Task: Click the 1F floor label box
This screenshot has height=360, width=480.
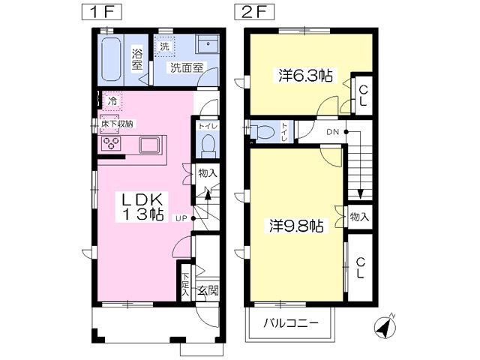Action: (102, 13)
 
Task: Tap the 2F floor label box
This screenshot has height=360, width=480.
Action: (254, 13)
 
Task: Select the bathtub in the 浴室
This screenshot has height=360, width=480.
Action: (110, 60)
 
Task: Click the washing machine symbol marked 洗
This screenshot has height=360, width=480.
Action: (164, 46)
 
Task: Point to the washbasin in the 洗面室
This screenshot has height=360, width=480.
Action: (207, 45)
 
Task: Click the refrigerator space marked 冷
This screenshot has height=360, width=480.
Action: (112, 100)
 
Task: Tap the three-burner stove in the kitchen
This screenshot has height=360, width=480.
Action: (111, 143)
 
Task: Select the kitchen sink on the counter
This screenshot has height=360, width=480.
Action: (149, 145)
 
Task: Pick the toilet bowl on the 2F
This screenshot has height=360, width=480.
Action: (262, 132)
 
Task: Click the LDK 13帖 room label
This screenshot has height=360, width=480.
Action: (142, 207)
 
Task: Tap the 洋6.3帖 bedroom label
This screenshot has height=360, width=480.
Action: (305, 76)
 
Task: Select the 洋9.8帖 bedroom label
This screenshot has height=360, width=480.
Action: (296, 226)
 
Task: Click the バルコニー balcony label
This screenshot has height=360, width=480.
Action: (291, 323)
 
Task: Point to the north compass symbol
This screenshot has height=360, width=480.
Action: (385, 327)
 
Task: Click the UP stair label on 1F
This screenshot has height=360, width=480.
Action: (181, 218)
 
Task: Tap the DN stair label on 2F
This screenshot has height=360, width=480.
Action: (333, 132)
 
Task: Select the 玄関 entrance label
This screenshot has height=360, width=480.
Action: (208, 291)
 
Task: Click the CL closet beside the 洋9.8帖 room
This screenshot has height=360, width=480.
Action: (360, 268)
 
